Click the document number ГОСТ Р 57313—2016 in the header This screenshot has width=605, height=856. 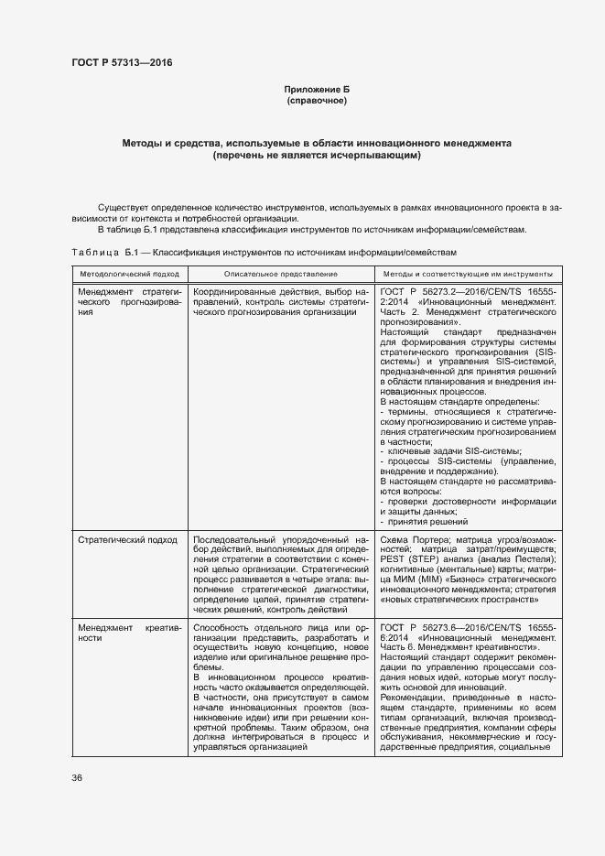point(122,62)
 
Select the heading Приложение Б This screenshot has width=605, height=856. point(317,89)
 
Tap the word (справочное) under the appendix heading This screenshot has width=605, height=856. point(317,100)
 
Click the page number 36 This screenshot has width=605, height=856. point(77,776)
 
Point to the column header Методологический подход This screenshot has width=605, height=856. point(128,274)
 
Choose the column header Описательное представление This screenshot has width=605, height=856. point(280,274)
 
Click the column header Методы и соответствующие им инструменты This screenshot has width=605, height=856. point(467,274)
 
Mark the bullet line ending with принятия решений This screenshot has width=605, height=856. point(424,521)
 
